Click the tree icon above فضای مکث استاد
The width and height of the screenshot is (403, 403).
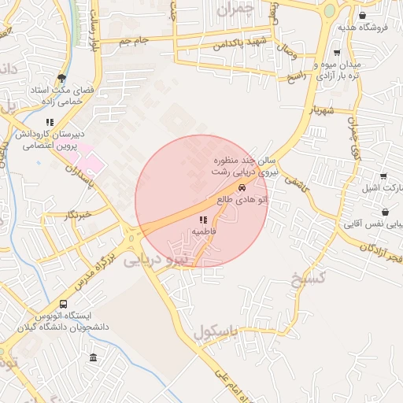point(61,77)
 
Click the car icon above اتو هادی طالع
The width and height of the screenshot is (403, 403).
point(242,187)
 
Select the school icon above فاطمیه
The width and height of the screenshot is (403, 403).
point(203,220)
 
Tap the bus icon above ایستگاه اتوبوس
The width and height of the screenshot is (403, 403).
point(63,304)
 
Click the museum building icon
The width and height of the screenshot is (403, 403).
point(94,358)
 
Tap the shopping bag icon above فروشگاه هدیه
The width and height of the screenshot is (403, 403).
point(361,15)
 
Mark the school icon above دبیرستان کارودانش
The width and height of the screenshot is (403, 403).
point(50,122)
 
